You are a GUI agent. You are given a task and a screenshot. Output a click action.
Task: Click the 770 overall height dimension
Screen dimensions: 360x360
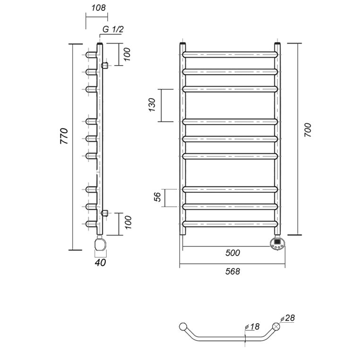point(64,136)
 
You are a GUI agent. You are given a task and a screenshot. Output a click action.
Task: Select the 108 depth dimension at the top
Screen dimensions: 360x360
point(98,8)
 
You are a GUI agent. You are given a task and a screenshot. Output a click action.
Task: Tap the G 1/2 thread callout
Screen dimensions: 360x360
point(113,29)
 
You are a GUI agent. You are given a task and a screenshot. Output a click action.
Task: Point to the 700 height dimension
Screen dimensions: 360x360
point(308,130)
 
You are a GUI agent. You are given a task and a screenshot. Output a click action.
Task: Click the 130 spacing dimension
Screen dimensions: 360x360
point(152,105)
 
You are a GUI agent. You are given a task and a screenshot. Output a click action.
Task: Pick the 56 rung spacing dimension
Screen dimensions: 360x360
point(157,197)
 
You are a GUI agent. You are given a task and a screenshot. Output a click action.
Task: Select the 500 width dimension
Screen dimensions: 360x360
point(232,253)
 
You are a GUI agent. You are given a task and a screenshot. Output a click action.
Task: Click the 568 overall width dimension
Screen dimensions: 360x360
point(232,271)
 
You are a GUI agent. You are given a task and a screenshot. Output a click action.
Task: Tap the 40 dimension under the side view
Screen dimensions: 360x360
point(100,263)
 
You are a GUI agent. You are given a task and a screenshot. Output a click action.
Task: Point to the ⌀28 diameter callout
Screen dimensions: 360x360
point(287,318)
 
